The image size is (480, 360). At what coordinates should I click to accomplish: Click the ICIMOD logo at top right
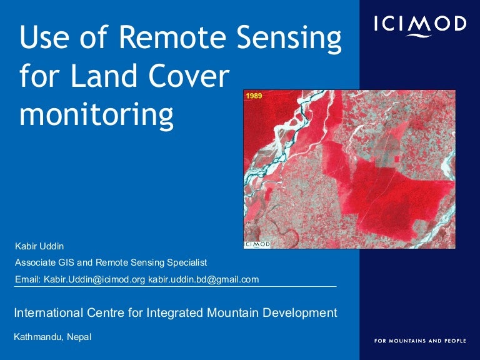[x=419, y=25]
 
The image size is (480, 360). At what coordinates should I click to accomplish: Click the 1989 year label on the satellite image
[x=254, y=96]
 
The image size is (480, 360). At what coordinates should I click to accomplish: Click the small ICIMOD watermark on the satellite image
[x=257, y=244]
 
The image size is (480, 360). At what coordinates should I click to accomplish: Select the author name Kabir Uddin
[x=40, y=246]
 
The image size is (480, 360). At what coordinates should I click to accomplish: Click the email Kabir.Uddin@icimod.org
[x=94, y=279]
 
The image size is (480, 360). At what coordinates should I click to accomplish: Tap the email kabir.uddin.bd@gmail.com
[x=203, y=279]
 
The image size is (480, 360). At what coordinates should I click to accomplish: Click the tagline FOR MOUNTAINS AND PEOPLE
[x=419, y=341]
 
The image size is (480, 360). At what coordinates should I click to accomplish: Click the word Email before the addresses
[x=27, y=279]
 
